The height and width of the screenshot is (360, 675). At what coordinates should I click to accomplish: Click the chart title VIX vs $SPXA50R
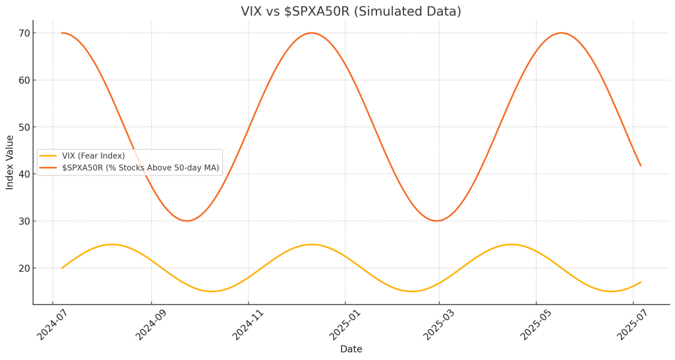click(x=351, y=11)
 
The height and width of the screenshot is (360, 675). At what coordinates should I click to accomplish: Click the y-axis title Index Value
click(x=10, y=162)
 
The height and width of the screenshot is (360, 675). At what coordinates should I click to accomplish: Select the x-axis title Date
click(x=351, y=349)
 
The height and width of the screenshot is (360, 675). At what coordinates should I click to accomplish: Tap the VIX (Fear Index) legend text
click(x=93, y=156)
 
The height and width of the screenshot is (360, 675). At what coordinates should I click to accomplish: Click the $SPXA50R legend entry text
click(x=140, y=168)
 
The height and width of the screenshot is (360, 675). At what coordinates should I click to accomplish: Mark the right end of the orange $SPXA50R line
click(x=640, y=165)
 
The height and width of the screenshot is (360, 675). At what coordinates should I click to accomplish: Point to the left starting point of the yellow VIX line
click(x=62, y=268)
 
